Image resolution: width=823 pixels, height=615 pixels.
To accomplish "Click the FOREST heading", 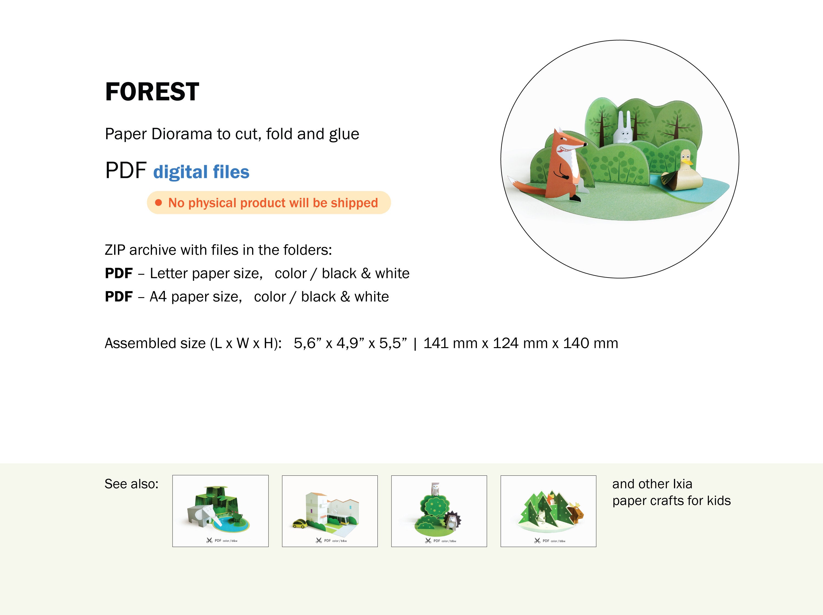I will pyautogui.click(x=152, y=92).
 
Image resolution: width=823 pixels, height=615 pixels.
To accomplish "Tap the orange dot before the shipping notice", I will pyautogui.click(x=159, y=203).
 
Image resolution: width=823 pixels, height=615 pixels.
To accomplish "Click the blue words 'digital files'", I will pyautogui.click(x=201, y=172).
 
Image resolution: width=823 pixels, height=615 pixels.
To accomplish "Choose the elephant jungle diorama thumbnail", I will pyautogui.click(x=220, y=511).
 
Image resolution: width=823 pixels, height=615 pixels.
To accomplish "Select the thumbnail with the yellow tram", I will pyautogui.click(x=330, y=511).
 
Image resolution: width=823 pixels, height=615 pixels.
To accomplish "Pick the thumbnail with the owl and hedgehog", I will pyautogui.click(x=439, y=511).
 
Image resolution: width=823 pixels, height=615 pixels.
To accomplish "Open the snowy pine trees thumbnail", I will pyautogui.click(x=548, y=511).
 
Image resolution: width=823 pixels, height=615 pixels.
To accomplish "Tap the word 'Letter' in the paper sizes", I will pyautogui.click(x=167, y=274).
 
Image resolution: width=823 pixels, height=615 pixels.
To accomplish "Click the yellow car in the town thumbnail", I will pyautogui.click(x=300, y=524).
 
